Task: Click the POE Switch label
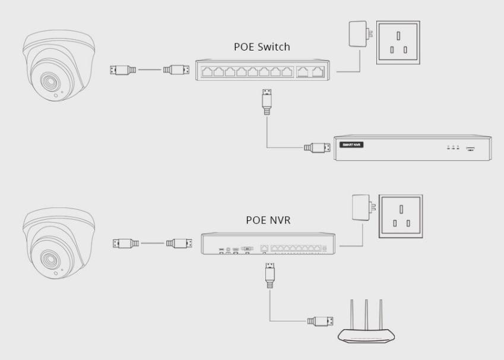pos(261,47)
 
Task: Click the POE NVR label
pos(268,220)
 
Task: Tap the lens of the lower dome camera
pos(47,257)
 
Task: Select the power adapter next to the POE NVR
pos(360,209)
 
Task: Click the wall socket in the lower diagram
pos(401,216)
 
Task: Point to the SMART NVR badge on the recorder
pos(350,144)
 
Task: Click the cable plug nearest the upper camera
pos(123,70)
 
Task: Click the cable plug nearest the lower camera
pos(125,243)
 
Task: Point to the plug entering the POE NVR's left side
pos(179,243)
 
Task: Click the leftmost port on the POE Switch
pos(207,72)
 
